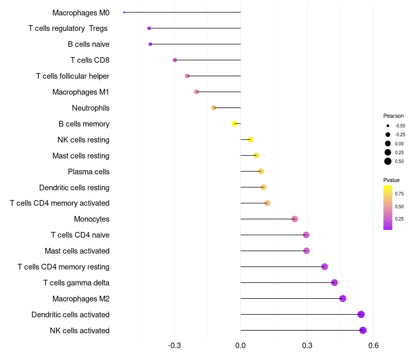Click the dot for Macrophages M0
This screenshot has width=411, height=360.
[124, 12]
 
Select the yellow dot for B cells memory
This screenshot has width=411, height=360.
[234, 123]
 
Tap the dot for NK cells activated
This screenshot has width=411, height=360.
[363, 330]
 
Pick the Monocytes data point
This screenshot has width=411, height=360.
[294, 219]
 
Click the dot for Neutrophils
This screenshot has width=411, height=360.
[214, 107]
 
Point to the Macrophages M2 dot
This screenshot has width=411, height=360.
[343, 298]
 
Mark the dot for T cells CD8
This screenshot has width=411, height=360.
[175, 60]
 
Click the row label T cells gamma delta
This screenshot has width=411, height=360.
[76, 283]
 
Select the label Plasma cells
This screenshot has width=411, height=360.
[88, 172]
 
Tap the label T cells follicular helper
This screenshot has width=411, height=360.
[72, 76]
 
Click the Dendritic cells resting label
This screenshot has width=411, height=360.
[74, 188]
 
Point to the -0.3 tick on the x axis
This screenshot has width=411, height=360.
[175, 346]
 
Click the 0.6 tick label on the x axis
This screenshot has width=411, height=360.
[373, 346]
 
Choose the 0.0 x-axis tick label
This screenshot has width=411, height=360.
[240, 346]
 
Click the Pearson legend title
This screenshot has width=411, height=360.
[394, 116]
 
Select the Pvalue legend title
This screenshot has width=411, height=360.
[391, 181]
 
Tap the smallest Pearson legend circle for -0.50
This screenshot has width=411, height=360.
[388, 125]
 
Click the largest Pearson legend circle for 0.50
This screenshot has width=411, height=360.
[388, 161]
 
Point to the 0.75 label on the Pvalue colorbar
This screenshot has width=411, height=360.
[399, 194]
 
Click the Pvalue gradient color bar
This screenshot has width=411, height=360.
[388, 208]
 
